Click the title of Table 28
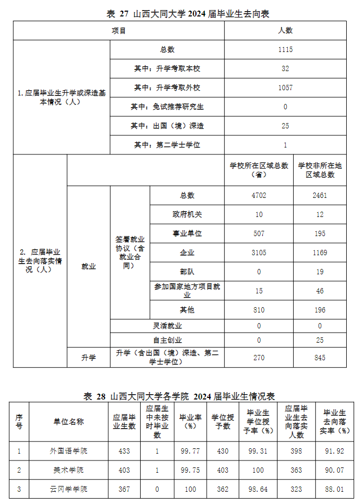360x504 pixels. point(179,396)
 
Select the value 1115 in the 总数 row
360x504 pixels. point(285,50)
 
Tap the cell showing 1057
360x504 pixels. point(285,88)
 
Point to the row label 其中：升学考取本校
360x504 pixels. point(167,69)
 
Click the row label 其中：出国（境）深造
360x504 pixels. point(167,126)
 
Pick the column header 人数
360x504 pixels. point(285,31)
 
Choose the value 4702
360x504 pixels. point(259,195)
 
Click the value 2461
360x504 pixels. point(320,195)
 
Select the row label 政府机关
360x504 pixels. point(187,214)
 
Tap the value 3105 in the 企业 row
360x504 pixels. point(259,253)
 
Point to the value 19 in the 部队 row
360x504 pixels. point(320,272)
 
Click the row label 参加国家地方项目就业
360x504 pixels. point(187,291)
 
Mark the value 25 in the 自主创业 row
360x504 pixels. point(320,340)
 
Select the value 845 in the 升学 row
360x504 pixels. point(320,358)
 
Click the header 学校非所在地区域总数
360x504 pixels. point(320,170)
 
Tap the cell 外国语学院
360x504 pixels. point(68,451)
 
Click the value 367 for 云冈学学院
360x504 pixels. point(124,489)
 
